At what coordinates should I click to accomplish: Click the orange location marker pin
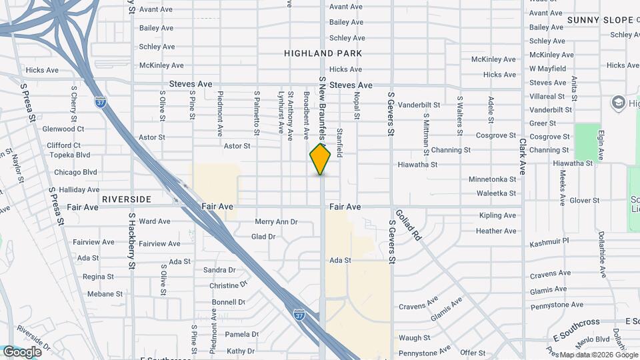tap(321, 159)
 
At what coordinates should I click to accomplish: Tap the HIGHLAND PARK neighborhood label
tap(323, 53)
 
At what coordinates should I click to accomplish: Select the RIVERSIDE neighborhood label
tap(127, 199)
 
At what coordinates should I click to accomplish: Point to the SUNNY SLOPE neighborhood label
tap(600, 20)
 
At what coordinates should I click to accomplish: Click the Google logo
tap(22, 351)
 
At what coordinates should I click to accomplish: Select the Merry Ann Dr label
tap(276, 221)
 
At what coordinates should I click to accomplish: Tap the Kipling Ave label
tap(497, 215)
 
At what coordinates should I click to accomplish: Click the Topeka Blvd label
tap(73, 155)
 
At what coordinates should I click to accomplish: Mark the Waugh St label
tap(415, 339)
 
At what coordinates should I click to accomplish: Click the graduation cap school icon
tap(617, 103)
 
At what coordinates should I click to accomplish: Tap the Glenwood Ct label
tap(63, 129)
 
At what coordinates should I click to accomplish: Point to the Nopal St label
tap(357, 107)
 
